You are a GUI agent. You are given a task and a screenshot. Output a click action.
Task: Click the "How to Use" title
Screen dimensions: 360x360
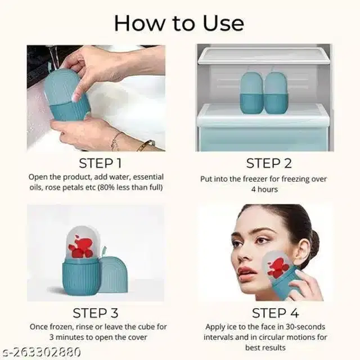179,23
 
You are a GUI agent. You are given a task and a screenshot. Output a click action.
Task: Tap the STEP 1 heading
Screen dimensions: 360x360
100,164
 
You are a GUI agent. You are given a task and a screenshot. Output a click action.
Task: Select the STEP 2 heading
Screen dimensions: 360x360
269,164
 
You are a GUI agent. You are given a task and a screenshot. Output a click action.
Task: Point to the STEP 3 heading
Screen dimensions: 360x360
96,313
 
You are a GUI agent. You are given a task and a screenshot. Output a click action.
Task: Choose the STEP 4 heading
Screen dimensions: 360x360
275,313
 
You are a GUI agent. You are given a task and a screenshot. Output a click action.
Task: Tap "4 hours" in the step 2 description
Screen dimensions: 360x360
264,190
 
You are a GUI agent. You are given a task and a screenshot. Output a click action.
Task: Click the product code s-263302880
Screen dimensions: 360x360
40,352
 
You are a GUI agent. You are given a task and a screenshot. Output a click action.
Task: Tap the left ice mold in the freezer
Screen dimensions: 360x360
251,92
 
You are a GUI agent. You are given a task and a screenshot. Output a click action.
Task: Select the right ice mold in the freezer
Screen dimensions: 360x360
276,92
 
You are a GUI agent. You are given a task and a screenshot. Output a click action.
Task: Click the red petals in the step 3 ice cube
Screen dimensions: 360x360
81,247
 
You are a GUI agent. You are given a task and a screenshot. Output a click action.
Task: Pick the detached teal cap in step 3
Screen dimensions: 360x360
114,274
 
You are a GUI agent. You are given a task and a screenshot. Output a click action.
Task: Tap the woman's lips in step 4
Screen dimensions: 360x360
244,272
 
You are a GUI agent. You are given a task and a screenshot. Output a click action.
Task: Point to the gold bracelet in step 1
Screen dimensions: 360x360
146,145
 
